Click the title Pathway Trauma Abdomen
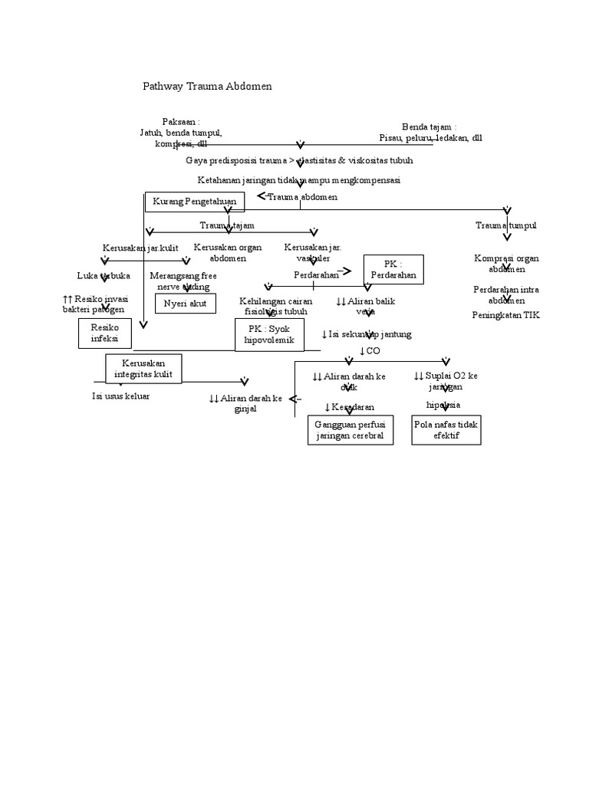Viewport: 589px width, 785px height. pyautogui.click(x=207, y=87)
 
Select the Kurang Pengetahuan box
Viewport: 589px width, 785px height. pyautogui.click(x=195, y=202)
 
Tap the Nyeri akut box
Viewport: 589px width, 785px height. pyautogui.click(x=186, y=304)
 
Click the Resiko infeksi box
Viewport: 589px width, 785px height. pyautogui.click(x=105, y=333)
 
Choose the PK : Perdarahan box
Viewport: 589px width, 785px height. pyautogui.click(x=393, y=269)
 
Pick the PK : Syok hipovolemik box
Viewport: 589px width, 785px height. pyautogui.click(x=270, y=334)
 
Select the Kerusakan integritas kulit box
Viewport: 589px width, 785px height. pyautogui.click(x=143, y=369)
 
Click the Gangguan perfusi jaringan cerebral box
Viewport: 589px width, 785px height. pyautogui.click(x=349, y=430)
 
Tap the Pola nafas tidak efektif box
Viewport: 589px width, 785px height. pyautogui.click(x=446, y=430)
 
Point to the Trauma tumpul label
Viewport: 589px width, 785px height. pyautogui.click(x=505, y=225)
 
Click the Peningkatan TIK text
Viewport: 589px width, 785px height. pyautogui.click(x=505, y=315)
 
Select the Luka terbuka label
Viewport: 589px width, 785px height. pyautogui.click(x=104, y=275)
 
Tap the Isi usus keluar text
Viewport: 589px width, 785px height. pyautogui.click(x=121, y=396)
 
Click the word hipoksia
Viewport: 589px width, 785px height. pyautogui.click(x=444, y=404)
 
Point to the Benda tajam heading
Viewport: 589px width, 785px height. pyautogui.click(x=429, y=126)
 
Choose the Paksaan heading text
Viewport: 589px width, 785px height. pyautogui.click(x=181, y=122)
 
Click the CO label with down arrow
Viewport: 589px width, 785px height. pyautogui.click(x=370, y=351)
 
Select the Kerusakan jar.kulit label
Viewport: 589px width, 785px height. pyautogui.click(x=140, y=248)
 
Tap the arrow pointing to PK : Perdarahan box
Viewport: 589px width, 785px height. pyautogui.click(x=347, y=271)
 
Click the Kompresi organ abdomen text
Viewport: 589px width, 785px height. pyautogui.click(x=506, y=264)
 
